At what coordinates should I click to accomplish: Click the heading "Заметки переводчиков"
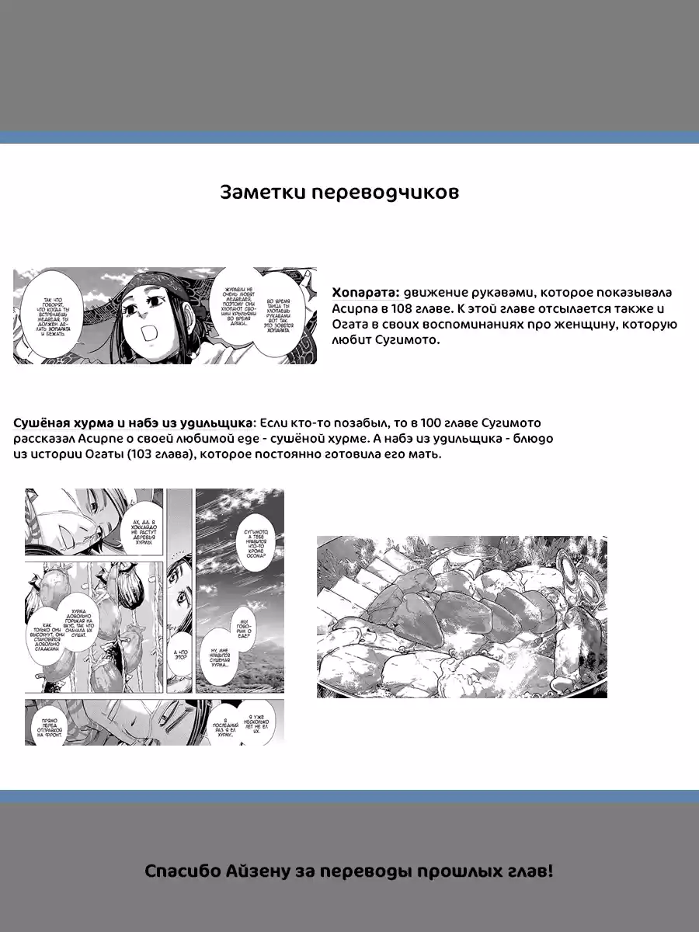339,193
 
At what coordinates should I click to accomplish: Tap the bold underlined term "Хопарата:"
366,293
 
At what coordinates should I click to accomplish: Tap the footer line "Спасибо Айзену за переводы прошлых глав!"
349,871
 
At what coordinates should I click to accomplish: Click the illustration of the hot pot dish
461,617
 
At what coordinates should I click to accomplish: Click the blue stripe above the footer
349,796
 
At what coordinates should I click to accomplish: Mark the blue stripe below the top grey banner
349,137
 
